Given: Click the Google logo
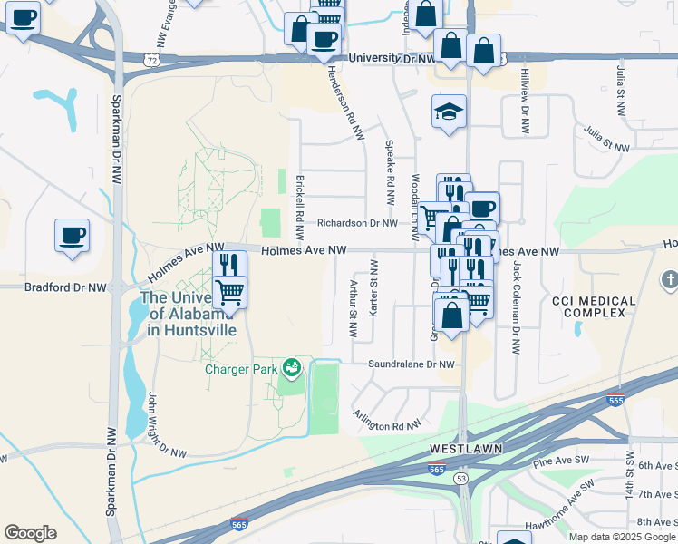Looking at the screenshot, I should click(30, 533).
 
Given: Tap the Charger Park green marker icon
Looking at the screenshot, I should click(291, 367).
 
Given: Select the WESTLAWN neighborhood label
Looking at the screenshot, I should click(465, 449).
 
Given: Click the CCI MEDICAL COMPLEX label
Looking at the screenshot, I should click(588, 306).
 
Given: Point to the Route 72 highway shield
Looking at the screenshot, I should click(152, 58).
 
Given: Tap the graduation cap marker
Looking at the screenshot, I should click(449, 112).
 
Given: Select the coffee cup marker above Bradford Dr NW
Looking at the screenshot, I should click(72, 236).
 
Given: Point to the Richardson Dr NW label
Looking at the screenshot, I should click(357, 223).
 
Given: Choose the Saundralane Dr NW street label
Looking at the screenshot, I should click(410, 364).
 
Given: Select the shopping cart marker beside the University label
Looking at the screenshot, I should click(230, 293).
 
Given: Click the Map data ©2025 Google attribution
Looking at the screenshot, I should click(621, 537).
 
